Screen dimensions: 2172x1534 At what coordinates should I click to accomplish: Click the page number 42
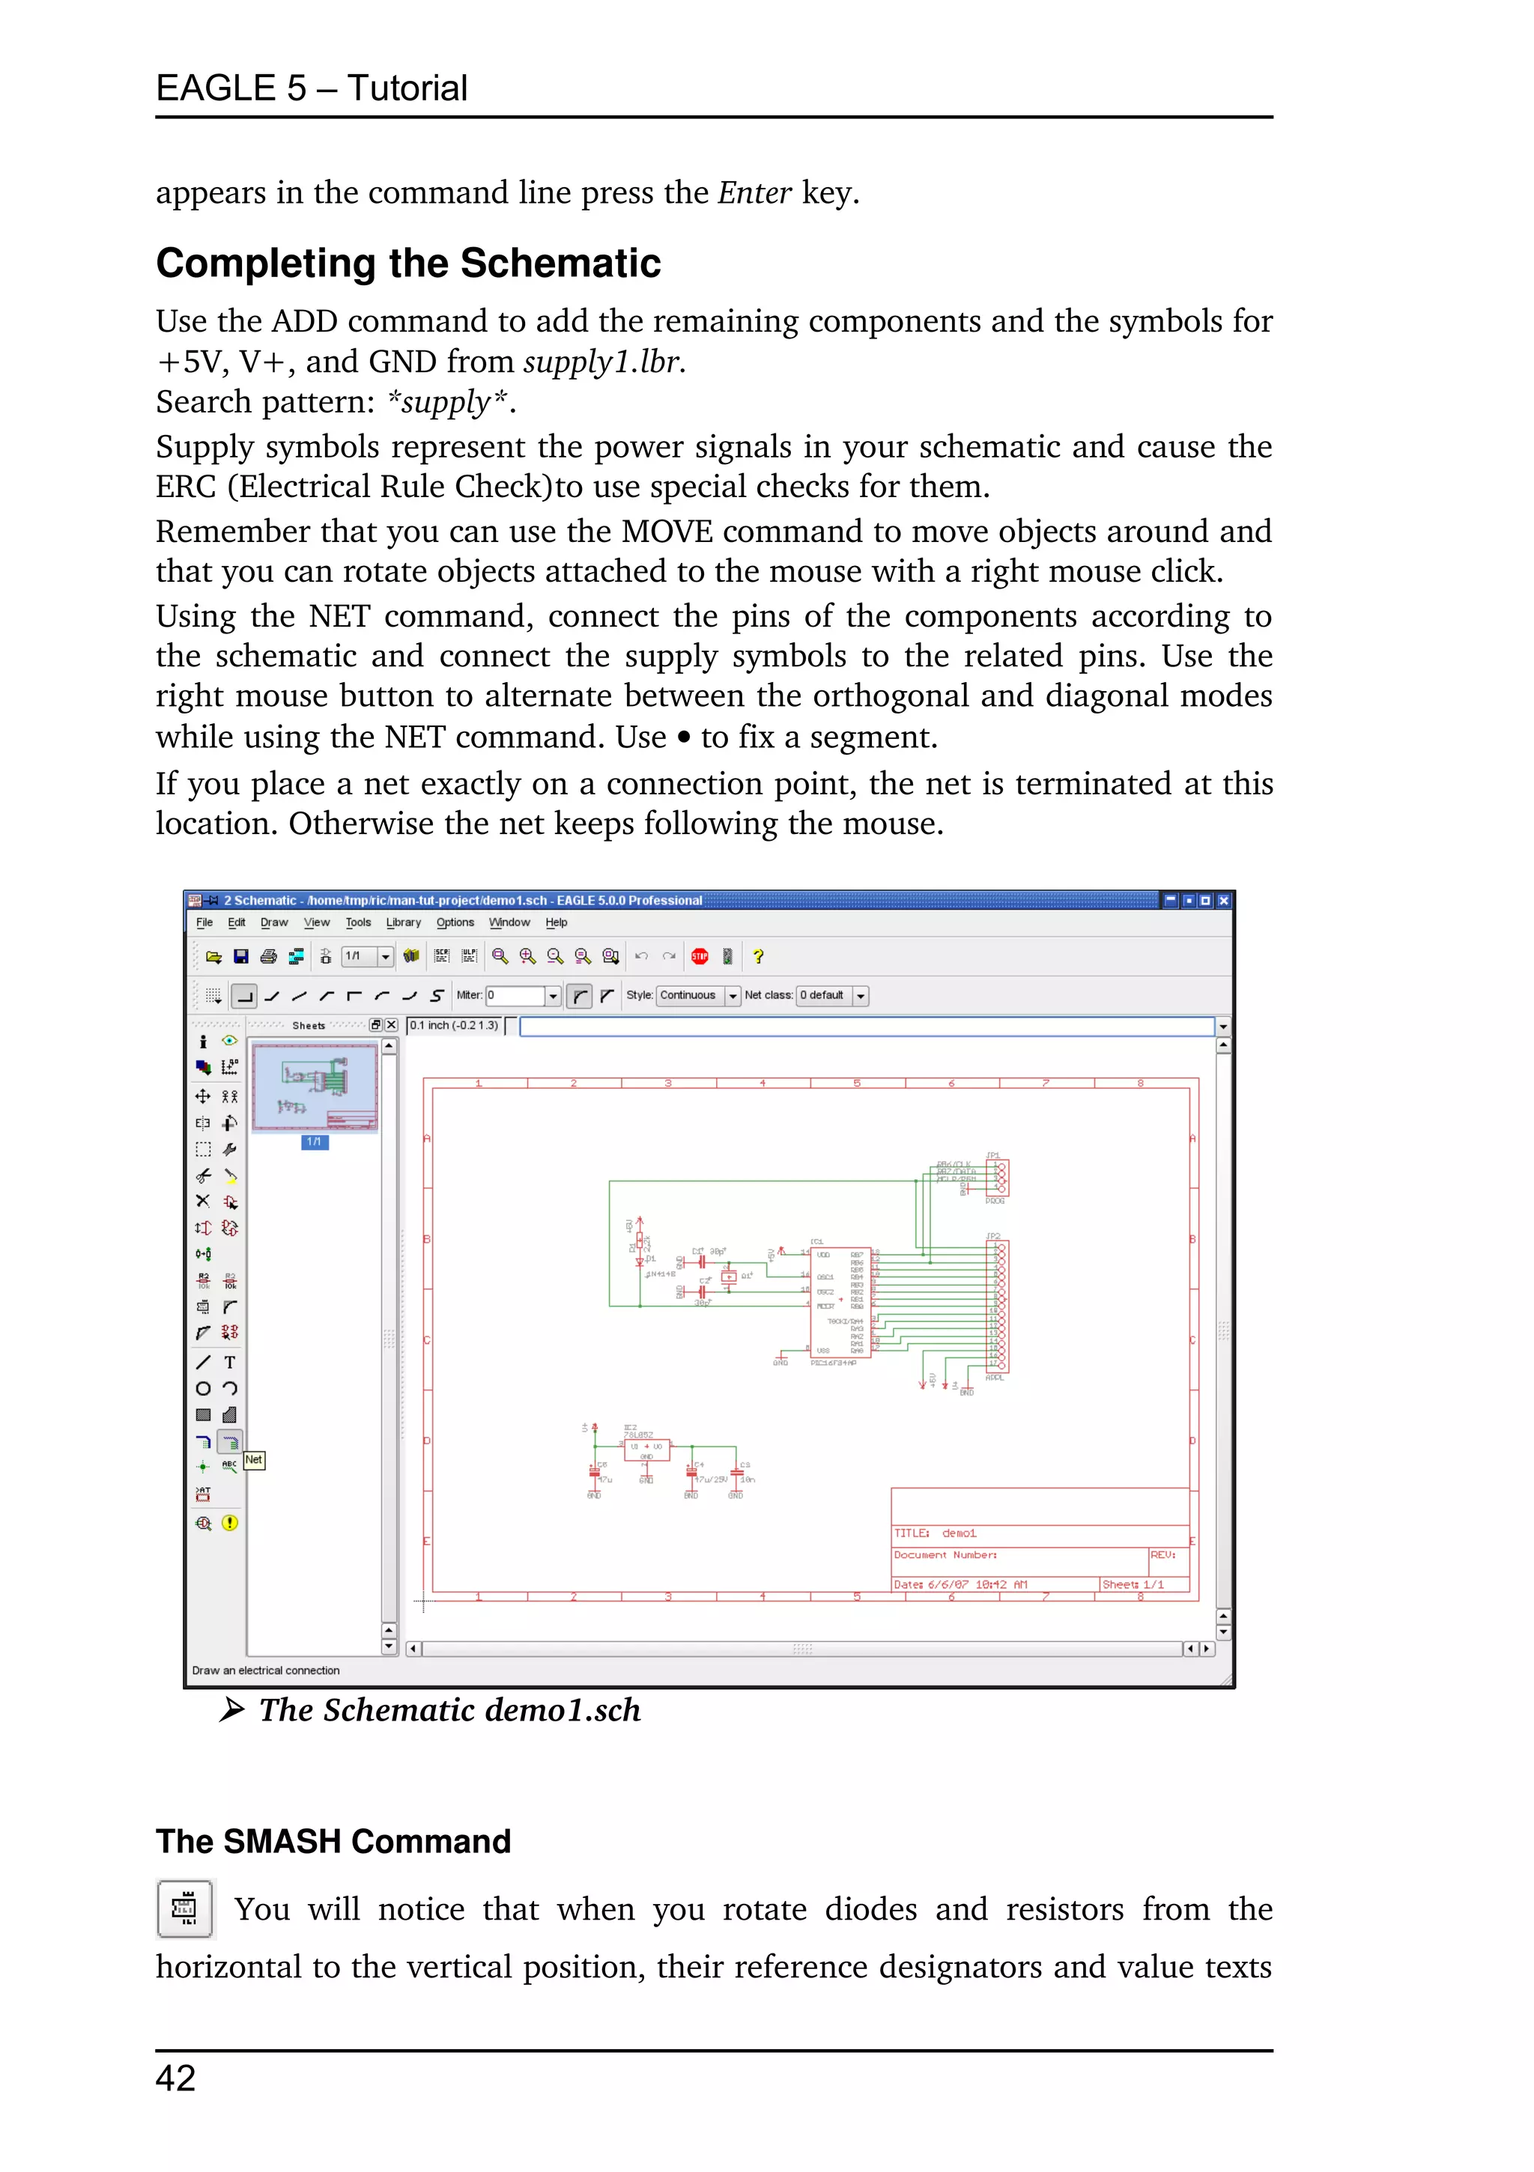[176, 2078]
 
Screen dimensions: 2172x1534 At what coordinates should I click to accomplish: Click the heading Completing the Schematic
[408, 263]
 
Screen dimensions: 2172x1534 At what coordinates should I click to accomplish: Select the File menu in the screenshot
[204, 922]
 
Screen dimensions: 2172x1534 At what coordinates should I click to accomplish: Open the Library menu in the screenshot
[403, 922]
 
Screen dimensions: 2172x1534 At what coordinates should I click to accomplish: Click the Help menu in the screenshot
[557, 922]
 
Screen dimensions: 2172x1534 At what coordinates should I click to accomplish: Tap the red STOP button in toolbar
[700, 956]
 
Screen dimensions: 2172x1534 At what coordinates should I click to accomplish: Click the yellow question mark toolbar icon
[758, 956]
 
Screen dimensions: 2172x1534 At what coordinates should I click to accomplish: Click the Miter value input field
[516, 995]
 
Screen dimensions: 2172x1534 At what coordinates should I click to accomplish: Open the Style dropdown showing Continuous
[698, 995]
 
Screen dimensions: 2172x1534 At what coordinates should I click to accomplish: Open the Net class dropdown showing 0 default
[832, 995]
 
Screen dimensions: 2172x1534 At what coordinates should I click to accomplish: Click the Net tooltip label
[254, 1460]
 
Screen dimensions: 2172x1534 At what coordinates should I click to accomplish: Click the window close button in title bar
[1222, 901]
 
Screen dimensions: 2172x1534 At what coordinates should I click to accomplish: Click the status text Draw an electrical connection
[266, 1670]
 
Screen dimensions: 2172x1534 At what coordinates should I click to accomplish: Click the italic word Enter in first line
[754, 193]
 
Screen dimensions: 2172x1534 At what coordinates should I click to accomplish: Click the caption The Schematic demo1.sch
[449, 1710]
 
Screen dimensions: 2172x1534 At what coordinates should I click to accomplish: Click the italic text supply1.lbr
[604, 362]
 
